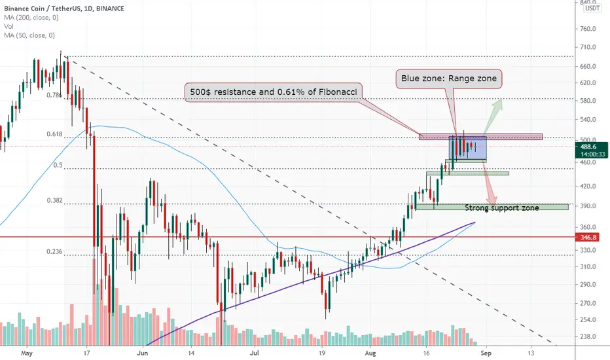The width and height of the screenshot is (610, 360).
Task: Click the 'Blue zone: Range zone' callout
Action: [449, 79]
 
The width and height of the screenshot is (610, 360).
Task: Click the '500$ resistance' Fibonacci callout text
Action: [274, 92]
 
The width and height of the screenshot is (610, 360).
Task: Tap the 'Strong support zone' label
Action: [502, 208]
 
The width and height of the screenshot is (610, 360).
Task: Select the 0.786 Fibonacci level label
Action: [54, 95]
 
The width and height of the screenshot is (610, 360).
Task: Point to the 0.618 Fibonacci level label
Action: [54, 134]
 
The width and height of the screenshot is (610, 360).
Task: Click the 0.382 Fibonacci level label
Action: [54, 200]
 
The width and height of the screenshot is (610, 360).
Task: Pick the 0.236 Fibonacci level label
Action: [54, 251]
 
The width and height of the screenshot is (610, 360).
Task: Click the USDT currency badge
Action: [592, 8]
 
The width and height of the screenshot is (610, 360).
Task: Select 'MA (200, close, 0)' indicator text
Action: [31, 18]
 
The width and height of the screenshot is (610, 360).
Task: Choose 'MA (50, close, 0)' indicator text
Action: [29, 35]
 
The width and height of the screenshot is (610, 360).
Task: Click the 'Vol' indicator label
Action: [9, 26]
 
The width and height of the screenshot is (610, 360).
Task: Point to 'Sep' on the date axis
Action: [486, 353]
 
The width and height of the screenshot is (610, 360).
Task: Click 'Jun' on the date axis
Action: [143, 353]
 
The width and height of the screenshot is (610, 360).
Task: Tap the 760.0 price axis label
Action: [588, 29]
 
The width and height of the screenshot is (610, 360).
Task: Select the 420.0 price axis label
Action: [588, 186]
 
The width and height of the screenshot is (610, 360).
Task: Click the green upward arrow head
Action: [498, 104]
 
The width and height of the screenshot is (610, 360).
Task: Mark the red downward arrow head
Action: [492, 198]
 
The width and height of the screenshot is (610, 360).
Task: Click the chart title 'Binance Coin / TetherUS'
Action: [42, 8]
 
